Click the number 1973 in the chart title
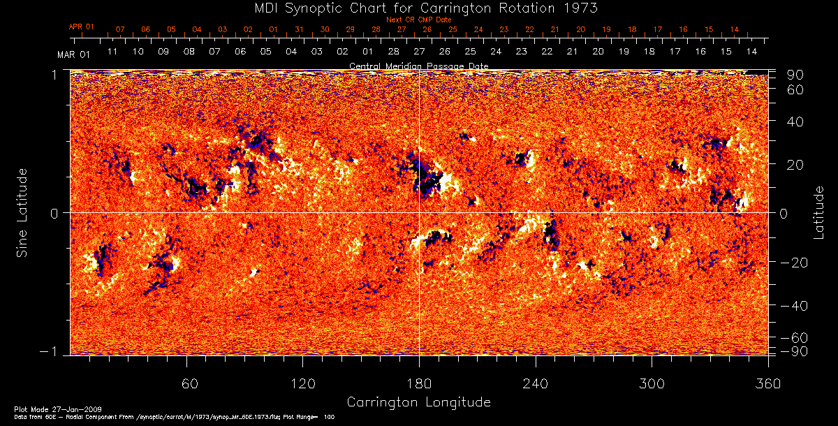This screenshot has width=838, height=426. click(x=582, y=8)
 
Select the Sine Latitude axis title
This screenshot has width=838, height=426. click(x=22, y=212)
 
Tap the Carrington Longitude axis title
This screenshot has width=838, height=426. click(x=418, y=402)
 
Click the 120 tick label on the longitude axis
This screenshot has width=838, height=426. click(x=302, y=383)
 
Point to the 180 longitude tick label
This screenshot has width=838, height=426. click(x=419, y=383)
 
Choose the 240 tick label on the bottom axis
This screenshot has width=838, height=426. click(x=536, y=383)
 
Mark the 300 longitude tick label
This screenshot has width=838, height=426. click(x=652, y=383)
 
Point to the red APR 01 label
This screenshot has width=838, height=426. click(x=81, y=27)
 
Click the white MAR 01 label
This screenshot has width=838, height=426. click(x=73, y=54)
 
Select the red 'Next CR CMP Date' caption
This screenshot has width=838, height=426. click(x=418, y=20)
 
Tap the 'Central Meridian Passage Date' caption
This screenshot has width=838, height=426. click(x=418, y=66)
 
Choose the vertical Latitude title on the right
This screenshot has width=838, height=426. click(x=818, y=212)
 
